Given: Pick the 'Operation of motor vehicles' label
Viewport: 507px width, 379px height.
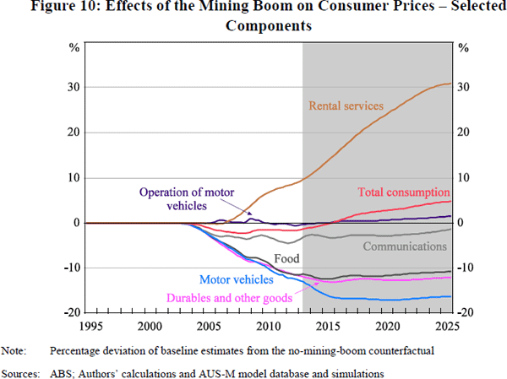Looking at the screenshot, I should (x=182, y=198).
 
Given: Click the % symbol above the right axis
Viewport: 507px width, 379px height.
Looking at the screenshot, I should (x=462, y=47).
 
